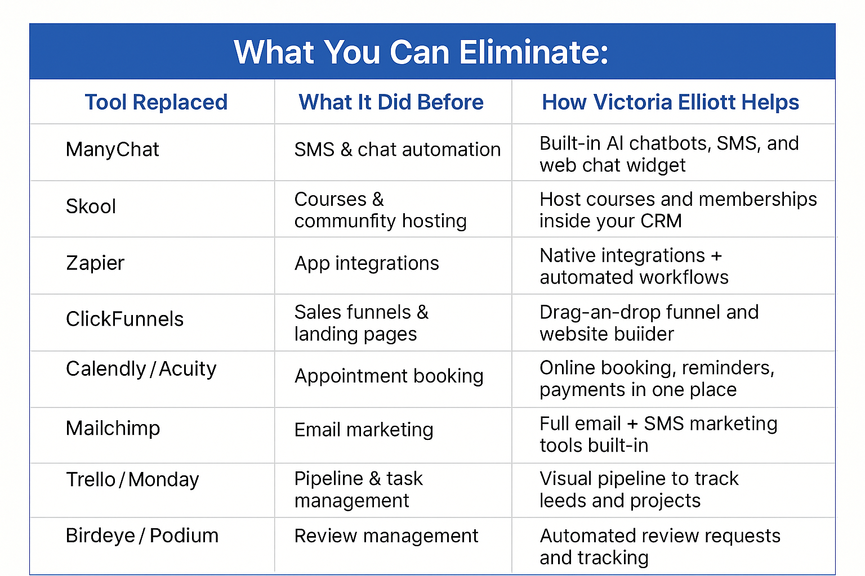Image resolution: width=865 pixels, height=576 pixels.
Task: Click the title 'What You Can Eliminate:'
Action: coord(421,52)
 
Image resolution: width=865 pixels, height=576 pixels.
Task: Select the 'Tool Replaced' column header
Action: coord(156,102)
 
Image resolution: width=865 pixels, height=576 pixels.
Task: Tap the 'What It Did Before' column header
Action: coord(391,102)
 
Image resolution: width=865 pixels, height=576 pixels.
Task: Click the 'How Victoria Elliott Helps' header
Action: coord(670,102)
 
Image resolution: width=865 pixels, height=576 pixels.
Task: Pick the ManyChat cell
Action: coord(113,150)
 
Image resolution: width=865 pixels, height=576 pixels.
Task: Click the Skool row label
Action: coord(91,206)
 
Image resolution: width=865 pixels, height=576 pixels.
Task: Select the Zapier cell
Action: coord(95,263)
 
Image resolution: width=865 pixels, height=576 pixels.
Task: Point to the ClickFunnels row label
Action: coord(124,319)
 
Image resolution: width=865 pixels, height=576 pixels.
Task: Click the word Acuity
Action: coord(188,369)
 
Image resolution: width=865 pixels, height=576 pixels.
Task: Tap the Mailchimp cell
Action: coord(113,429)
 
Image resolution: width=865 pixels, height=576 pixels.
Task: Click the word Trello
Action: coord(91,480)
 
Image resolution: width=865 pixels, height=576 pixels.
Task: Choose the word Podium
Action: coord(184,536)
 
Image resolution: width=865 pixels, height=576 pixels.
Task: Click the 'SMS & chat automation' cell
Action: coord(398,150)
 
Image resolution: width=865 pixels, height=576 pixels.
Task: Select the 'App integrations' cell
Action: coord(367,264)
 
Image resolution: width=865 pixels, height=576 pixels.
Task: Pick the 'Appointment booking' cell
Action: coord(389,376)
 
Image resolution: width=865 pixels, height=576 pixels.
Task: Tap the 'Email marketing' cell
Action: coord(364,430)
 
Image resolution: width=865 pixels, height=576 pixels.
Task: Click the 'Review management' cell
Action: coord(386,536)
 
